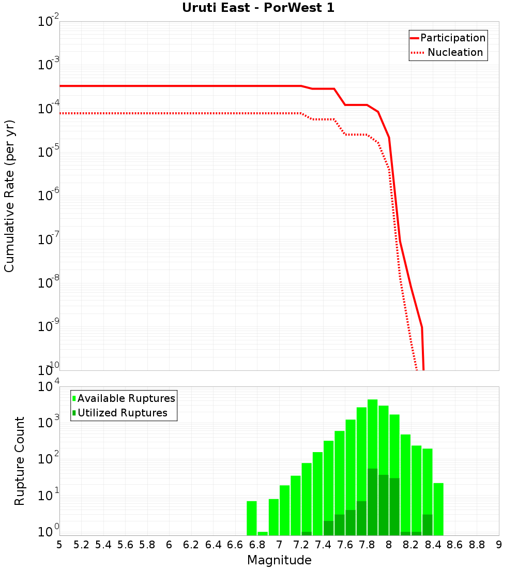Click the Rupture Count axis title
[20, 461]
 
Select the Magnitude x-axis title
[279, 560]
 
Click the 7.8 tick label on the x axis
[367, 545]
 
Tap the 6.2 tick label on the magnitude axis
[191, 545]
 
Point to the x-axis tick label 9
[499, 545]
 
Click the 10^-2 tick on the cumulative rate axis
[49, 22]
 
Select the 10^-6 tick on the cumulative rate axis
[49, 196]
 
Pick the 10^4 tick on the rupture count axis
[49, 387]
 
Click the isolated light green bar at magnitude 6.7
[252, 518]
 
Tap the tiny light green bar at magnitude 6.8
[263, 533]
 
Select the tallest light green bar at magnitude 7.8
[372, 435]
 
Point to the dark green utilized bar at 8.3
[428, 525]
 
